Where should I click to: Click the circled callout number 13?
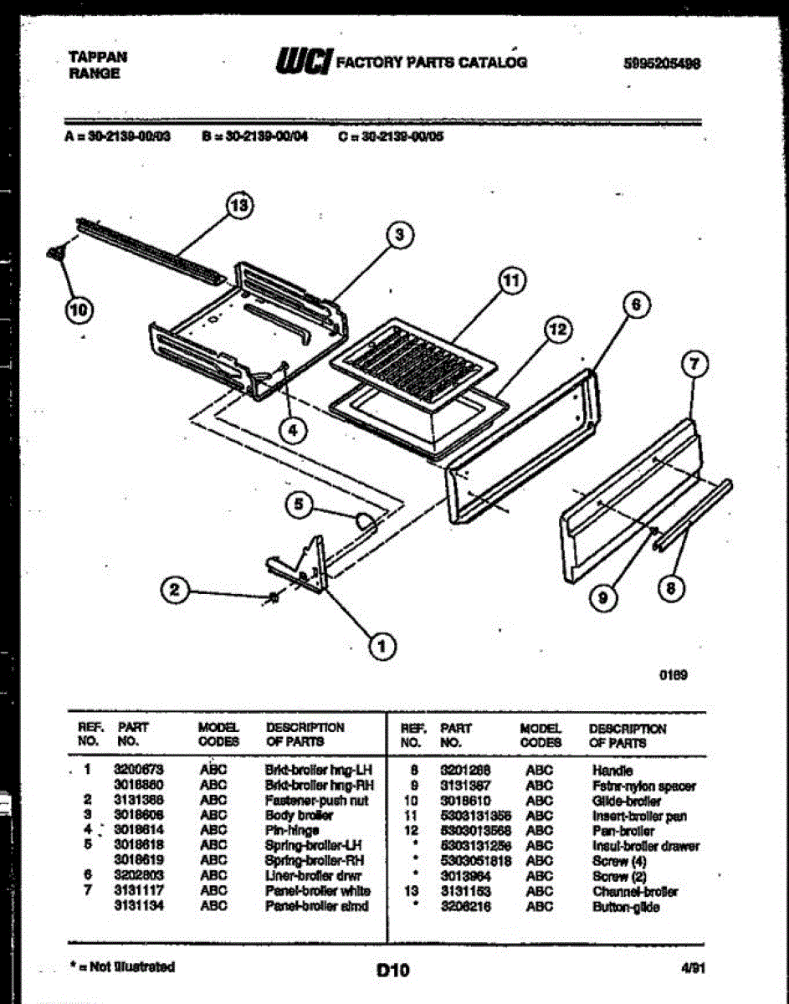[x=241, y=206]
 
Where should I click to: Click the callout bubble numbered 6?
[x=636, y=306]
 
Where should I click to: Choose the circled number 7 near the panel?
[x=694, y=363]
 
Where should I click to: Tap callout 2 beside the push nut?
[x=173, y=591]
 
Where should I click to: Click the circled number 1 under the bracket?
[x=382, y=645]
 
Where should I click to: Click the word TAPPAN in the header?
[x=97, y=57]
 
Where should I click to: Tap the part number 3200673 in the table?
[x=138, y=770]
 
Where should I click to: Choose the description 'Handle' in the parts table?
[x=612, y=770]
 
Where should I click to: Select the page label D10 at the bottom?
[x=392, y=971]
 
